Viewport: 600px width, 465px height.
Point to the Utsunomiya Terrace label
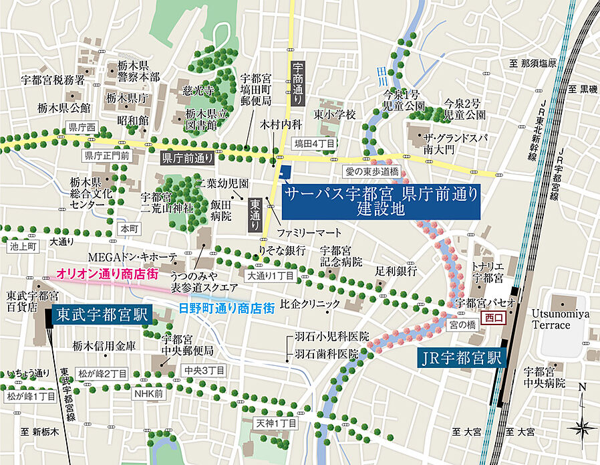tap(560, 319)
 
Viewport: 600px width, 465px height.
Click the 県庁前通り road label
tap(187, 159)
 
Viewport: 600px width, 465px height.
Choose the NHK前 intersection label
tap(148, 394)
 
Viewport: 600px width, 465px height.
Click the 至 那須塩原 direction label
tap(533, 64)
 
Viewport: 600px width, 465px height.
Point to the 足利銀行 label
tap(396, 271)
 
